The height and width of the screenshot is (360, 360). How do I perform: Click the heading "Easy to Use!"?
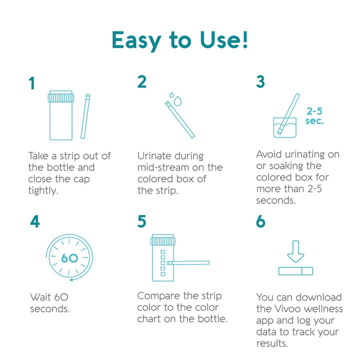[180, 40]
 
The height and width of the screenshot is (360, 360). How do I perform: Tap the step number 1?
[31, 83]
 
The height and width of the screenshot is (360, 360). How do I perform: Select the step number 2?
[142, 81]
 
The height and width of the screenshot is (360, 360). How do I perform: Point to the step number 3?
[260, 81]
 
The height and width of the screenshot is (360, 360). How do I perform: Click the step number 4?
[35, 221]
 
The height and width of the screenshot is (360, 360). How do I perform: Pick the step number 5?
[141, 221]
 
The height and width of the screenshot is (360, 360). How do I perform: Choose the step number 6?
[260, 221]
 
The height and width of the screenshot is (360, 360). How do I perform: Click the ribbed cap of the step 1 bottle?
[61, 97]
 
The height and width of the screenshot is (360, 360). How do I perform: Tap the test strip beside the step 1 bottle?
[85, 116]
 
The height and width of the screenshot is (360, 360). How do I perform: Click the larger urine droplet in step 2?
[177, 101]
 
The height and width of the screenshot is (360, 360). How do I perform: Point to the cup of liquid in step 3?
[284, 127]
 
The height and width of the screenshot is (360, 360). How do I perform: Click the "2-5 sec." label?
[314, 116]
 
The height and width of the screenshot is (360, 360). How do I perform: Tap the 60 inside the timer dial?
[69, 258]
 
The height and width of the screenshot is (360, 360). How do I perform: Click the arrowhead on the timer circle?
[71, 279]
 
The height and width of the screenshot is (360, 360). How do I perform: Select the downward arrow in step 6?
[295, 251]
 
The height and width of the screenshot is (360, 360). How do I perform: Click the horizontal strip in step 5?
[188, 262]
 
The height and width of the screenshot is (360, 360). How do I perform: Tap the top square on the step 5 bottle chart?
[163, 252]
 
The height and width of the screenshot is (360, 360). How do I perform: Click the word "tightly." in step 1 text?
[43, 191]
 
